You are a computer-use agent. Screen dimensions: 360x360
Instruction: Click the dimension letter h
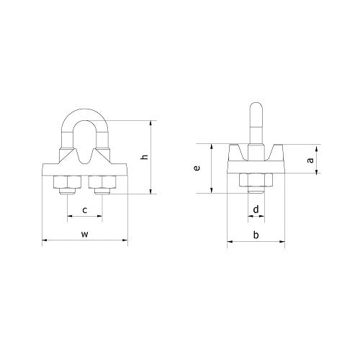pyautogui.click(x=144, y=157)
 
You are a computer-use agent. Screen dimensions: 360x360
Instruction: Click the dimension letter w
pyautogui.click(x=84, y=233)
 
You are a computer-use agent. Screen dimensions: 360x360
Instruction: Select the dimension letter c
pyautogui.click(x=84, y=210)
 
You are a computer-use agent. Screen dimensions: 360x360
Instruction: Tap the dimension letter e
pyautogui.click(x=197, y=168)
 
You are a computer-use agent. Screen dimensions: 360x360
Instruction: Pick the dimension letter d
pyautogui.click(x=256, y=210)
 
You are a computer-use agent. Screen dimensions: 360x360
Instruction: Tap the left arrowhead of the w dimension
pyautogui.click(x=45, y=240)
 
